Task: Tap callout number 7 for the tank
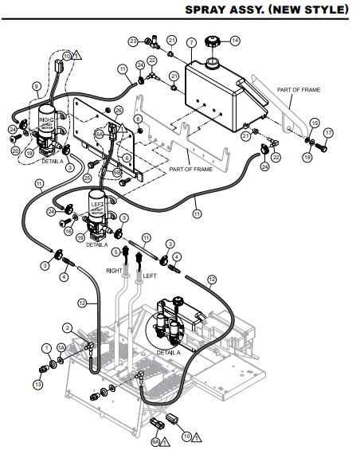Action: (191, 41)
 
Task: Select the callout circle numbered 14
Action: (235, 40)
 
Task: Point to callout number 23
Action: (133, 40)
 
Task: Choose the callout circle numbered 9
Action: (36, 85)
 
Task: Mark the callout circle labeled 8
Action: (139, 119)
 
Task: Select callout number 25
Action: (88, 178)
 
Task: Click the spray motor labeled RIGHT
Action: (46, 127)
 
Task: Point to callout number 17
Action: (328, 132)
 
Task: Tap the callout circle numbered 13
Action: (37, 385)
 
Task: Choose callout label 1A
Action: (61, 348)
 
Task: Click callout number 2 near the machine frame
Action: (68, 327)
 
